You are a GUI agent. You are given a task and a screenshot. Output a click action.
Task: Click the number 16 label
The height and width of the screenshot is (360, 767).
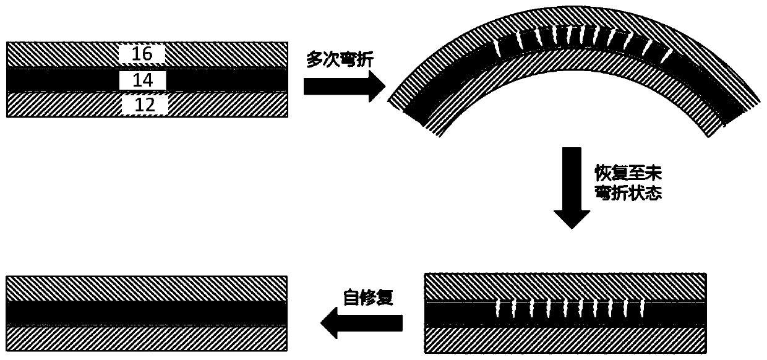(x=142, y=54)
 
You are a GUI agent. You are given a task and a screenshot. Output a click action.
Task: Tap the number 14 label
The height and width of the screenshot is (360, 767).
(x=142, y=79)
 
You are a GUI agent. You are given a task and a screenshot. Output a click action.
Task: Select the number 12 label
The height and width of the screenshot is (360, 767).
(x=144, y=106)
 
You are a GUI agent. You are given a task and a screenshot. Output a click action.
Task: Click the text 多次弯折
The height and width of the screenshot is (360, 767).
(x=340, y=60)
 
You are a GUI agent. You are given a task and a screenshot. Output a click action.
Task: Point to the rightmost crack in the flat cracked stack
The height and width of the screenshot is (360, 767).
(x=643, y=307)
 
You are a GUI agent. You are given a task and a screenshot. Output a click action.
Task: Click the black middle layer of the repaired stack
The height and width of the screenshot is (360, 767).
(x=147, y=312)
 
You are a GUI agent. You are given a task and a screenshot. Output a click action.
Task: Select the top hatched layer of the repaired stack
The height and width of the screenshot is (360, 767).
(x=147, y=288)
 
